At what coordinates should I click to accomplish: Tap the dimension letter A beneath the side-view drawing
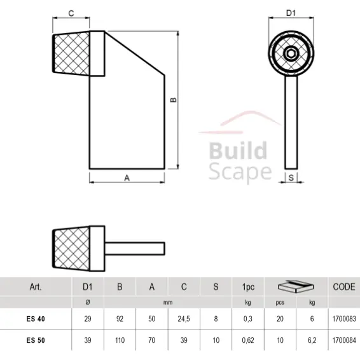pos(127,179)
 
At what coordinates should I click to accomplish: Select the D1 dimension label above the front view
pos(291,12)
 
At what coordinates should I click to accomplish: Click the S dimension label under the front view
pos(291,178)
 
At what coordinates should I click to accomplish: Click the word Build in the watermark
pos(238,151)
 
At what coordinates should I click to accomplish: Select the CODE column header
pos(343,287)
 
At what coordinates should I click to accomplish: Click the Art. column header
pos(36,287)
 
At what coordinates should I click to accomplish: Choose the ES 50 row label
pos(36,341)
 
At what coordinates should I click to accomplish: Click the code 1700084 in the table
pos(343,341)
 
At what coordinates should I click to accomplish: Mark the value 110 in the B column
pos(120,341)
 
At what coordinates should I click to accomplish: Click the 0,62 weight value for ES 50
pos(247,341)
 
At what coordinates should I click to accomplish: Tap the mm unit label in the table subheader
pos(168,303)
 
